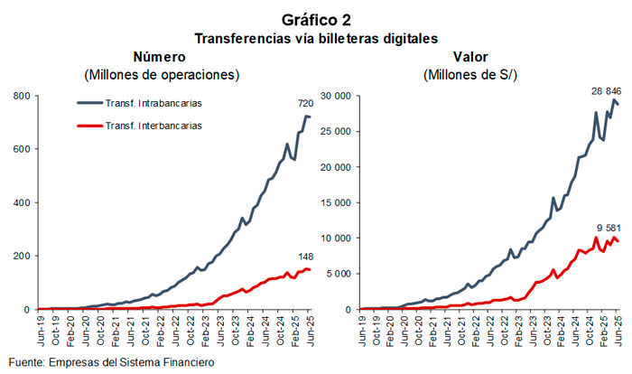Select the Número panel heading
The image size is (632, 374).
pyautogui.click(x=161, y=56)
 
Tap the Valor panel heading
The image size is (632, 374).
pyautogui.click(x=470, y=56)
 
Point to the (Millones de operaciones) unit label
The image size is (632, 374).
pyautogui.click(x=161, y=73)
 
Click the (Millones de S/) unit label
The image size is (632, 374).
pyautogui.click(x=470, y=73)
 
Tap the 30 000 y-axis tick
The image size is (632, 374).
pyautogui.click(x=335, y=96)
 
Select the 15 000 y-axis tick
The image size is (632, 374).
pyautogui.click(x=335, y=202)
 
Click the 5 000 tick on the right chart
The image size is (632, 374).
pyautogui.click(x=338, y=274)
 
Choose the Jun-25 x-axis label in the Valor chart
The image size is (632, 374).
pyautogui.click(x=618, y=331)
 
